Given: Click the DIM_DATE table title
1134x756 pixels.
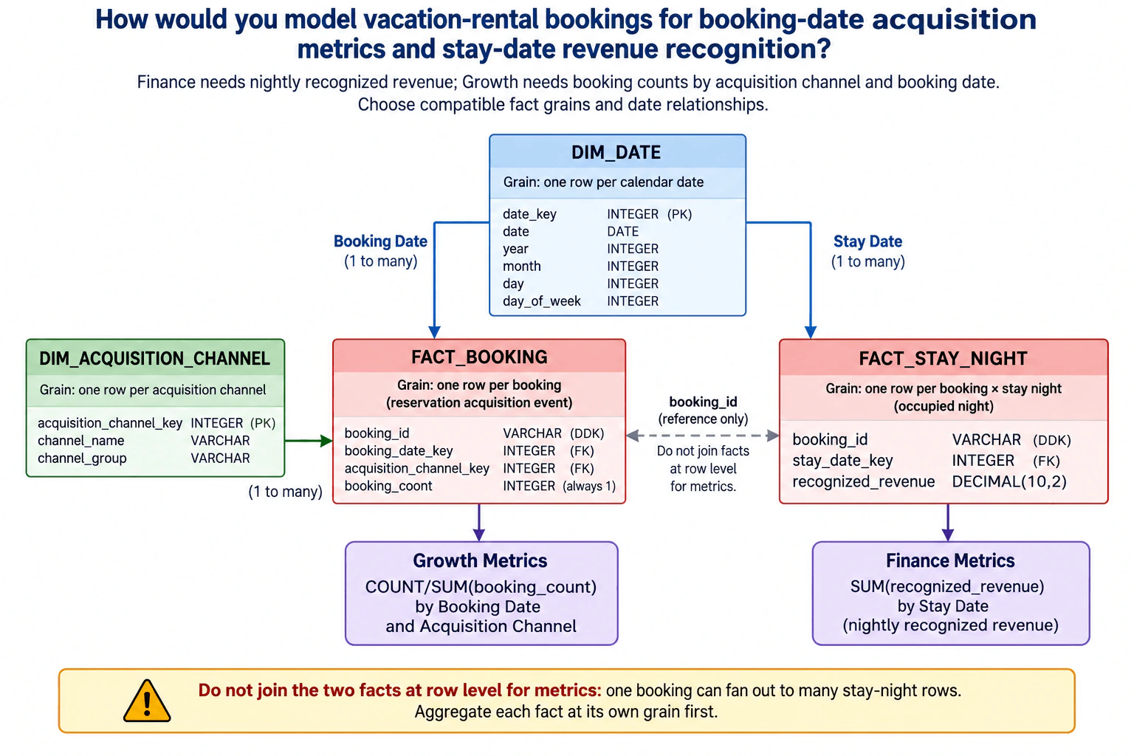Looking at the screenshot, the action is point(616,152).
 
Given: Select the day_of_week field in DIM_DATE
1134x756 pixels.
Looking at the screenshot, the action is point(542,301).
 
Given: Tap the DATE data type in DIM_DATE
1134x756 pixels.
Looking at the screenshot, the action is point(622,231).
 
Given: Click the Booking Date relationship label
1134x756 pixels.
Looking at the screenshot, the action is point(380,241).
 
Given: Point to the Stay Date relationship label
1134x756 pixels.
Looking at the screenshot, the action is point(867,241).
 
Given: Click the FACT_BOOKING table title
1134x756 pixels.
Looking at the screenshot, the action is point(479,357).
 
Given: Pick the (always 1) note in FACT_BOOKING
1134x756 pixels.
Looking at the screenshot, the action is point(588,486).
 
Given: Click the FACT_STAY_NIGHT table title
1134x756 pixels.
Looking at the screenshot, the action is point(943,359).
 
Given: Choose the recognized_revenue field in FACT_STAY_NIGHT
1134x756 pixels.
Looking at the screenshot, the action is point(863,481).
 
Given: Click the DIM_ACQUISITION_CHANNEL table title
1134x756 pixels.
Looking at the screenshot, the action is point(154,359).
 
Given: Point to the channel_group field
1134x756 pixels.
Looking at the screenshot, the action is point(82,458).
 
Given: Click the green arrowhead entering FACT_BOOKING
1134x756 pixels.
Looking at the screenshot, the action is point(326,441).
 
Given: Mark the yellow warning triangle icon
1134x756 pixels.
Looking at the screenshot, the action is point(147,701).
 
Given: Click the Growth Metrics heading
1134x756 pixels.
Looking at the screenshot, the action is point(480,560).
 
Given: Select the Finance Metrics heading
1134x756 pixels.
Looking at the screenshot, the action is point(950,560).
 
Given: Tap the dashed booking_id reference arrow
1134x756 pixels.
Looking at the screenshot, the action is point(703,436).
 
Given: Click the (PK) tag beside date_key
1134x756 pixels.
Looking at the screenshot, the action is point(679,214).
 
